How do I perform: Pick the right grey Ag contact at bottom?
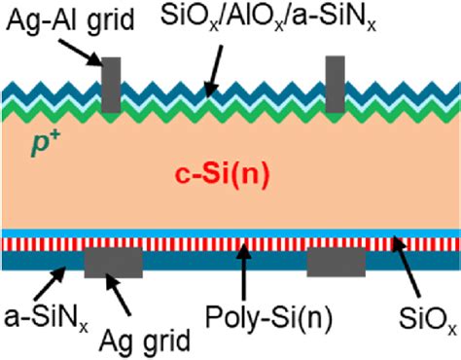point(337,261)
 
